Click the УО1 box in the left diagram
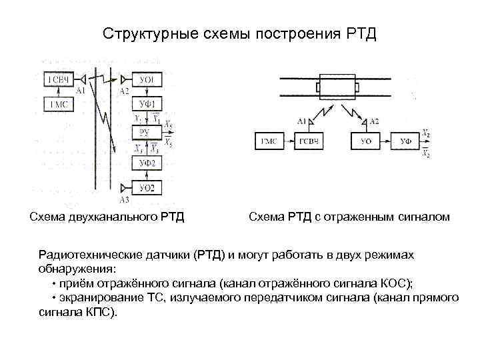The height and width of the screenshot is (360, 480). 147,80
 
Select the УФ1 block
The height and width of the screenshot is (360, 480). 147,104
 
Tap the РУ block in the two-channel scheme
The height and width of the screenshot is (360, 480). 147,132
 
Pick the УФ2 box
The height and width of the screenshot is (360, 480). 147,163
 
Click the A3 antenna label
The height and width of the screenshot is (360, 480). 124,199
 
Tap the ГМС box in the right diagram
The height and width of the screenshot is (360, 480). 269,141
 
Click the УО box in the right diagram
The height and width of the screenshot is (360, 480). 365,141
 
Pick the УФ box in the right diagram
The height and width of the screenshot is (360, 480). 405,141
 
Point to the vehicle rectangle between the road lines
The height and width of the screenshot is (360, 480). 337,87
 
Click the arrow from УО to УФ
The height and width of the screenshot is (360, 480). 385,141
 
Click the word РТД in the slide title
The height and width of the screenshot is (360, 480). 361,33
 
